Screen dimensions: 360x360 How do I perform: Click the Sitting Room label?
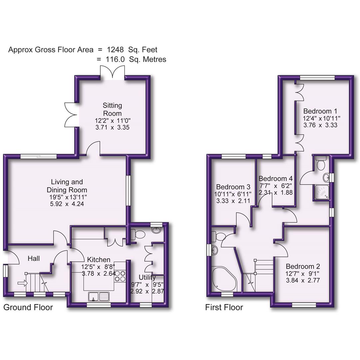(x=112, y=109)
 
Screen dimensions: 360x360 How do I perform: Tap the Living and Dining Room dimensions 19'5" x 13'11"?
(x=67, y=197)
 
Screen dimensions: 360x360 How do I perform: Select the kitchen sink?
(x=99, y=296)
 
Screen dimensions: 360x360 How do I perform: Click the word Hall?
(x=34, y=258)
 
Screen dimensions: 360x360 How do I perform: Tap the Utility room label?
(x=147, y=277)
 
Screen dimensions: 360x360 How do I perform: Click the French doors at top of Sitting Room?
(x=112, y=72)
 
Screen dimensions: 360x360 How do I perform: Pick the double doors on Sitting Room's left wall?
(x=71, y=114)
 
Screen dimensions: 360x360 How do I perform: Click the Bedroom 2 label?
(x=303, y=266)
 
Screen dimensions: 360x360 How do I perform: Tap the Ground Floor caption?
(x=28, y=307)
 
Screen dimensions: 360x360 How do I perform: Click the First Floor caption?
(x=224, y=307)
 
